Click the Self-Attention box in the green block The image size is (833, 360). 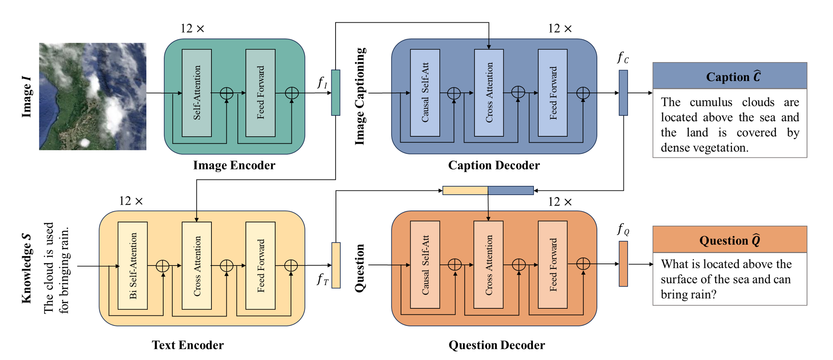point(197,93)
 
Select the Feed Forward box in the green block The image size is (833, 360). point(260,93)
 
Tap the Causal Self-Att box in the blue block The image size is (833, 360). point(425,93)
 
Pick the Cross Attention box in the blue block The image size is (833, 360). point(489,93)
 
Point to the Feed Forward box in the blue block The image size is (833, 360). point(552,93)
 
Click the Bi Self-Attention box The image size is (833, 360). point(133,266)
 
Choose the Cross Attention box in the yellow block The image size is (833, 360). point(197,266)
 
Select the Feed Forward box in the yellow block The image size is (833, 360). point(260,266)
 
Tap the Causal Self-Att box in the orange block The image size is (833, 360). point(425,265)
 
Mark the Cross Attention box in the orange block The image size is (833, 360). point(488,265)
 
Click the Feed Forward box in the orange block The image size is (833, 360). point(552,265)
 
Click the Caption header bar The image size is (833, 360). point(729,76)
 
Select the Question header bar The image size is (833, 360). point(729,240)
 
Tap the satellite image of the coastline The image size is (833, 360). point(93,96)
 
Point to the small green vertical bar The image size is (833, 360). point(336,92)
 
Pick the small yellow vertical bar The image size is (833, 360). point(336,265)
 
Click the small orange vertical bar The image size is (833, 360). point(623,264)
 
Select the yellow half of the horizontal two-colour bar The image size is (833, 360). point(465,190)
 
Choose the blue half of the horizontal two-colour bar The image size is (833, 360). point(510,190)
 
